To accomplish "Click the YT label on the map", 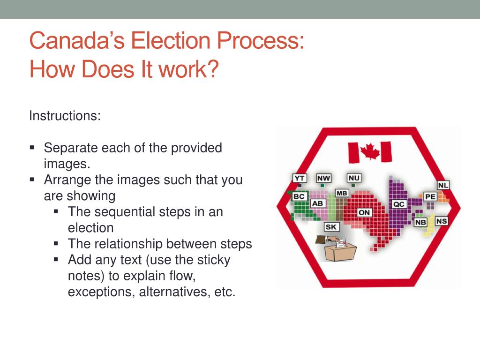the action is coord(300,178).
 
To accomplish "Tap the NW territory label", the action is coord(323,178).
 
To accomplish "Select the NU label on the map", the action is coord(354,178).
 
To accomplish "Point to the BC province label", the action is coord(299,196).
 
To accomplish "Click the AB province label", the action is coord(318,203).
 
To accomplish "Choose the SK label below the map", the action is coord(331,227).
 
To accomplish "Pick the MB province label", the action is coord(342,193).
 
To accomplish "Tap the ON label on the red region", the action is coord(364,212).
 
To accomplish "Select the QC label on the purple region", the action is coord(399,204).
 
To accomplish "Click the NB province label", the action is coord(420,222).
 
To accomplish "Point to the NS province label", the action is coord(442,221).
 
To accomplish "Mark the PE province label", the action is coord(430,196).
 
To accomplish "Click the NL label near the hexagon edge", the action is coord(443,185).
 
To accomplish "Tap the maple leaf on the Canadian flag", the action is coord(370,151).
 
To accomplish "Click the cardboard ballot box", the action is coord(340,252).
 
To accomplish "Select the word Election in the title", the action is coord(171,40).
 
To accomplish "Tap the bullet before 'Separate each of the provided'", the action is coord(32,148).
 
